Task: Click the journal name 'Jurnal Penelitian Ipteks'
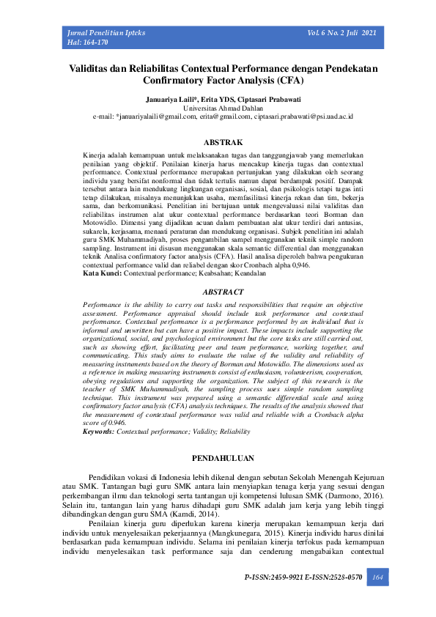click(x=106, y=34)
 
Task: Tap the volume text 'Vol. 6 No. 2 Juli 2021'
click(x=342, y=34)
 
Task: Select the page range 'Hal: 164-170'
click(x=88, y=43)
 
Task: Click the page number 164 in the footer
click(x=378, y=578)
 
